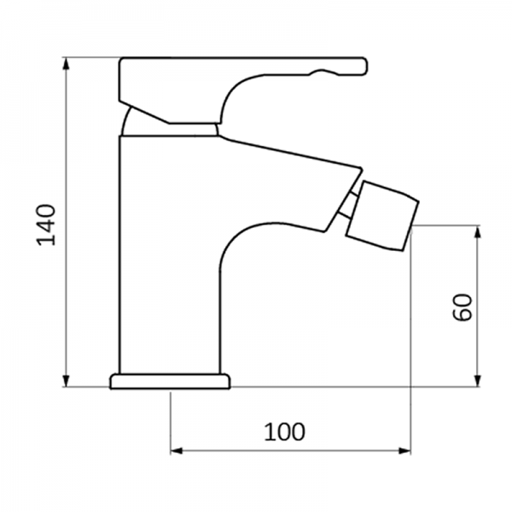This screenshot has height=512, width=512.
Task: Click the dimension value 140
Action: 49,224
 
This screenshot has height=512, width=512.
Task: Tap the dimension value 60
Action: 463,307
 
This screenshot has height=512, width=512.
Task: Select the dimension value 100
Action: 284,432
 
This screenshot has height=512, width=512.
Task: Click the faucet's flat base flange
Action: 170,381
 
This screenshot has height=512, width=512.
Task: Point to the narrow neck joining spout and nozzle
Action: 348,205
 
